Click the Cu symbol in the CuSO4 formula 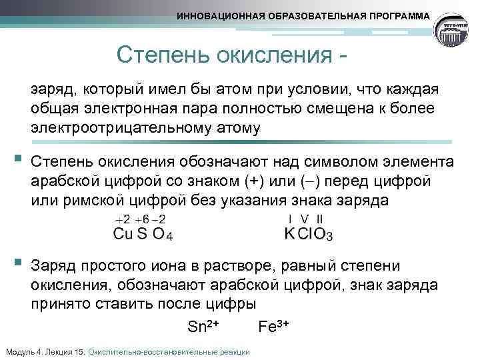[123, 234]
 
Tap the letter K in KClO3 [289, 234]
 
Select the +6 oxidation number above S [141, 219]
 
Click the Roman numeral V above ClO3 [305, 219]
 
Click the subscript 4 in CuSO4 [169, 237]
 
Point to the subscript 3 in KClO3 [329, 237]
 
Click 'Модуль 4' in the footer [22, 352]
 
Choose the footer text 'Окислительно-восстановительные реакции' [169, 352]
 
